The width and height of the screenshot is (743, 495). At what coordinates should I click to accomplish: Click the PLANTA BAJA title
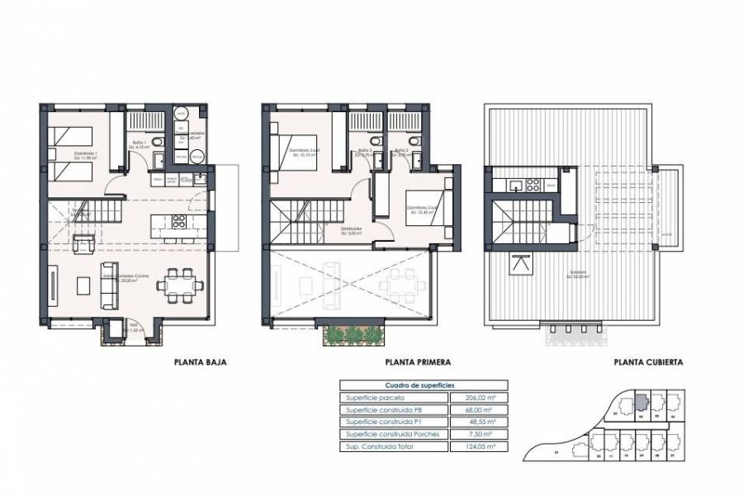point(200,361)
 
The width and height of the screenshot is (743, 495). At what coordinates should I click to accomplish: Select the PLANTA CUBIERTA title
point(648,361)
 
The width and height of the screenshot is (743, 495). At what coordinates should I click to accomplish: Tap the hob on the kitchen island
point(177,221)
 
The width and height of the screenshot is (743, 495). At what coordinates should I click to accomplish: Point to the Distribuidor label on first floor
point(352,230)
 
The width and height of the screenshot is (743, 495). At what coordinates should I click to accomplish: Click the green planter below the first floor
point(353,333)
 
